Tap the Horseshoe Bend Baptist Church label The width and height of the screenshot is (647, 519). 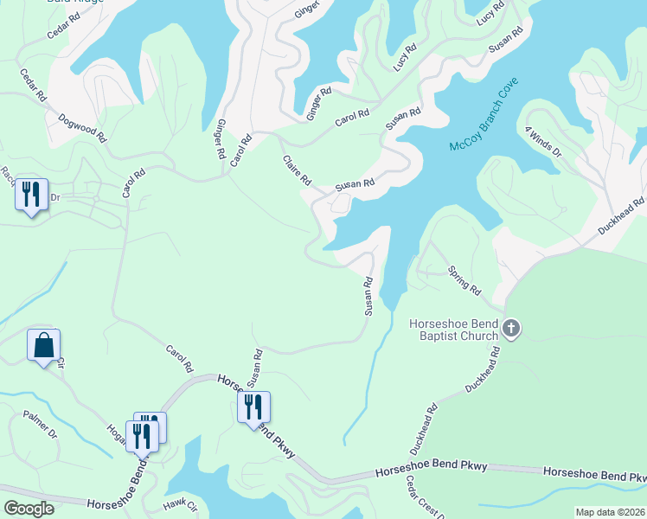click(x=453, y=330)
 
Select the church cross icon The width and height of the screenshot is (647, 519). click(x=511, y=329)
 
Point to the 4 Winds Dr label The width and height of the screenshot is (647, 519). click(x=543, y=141)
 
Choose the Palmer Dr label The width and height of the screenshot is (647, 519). click(x=40, y=425)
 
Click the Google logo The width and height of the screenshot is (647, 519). click(x=29, y=508)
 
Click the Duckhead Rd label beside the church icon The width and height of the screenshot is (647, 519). click(x=483, y=368)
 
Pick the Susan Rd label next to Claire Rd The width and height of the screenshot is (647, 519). click(x=356, y=184)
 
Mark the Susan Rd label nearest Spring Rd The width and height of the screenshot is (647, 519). click(x=368, y=296)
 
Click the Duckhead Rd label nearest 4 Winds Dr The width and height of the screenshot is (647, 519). click(x=622, y=217)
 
